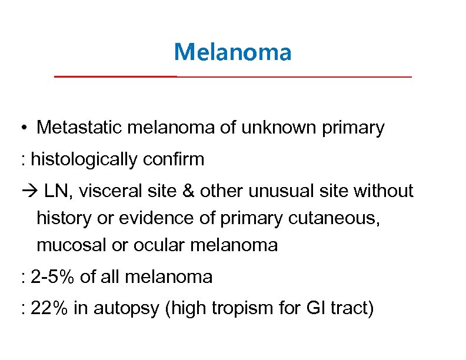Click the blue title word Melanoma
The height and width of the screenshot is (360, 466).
pos(232,52)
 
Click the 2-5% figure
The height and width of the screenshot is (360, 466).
pos(53,276)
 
